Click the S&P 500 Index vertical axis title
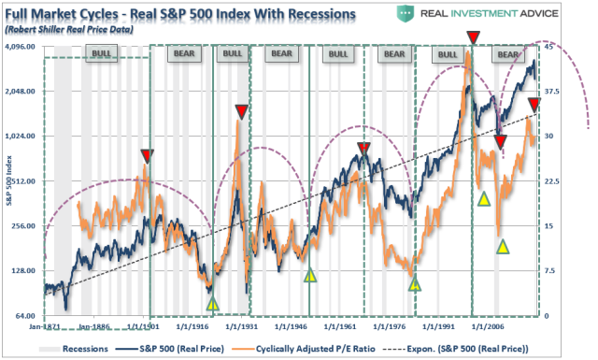pos(8,181)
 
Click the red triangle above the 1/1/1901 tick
pos(147,155)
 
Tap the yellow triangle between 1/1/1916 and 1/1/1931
pos(212,303)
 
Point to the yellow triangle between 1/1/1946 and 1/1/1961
pos(310,274)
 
